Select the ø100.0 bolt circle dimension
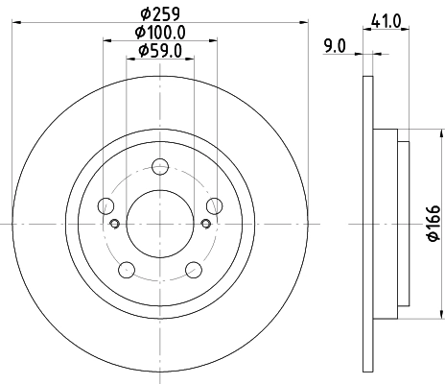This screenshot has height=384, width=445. point(160,33)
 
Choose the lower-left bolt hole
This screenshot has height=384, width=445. point(126,268)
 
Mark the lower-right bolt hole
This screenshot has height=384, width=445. point(194,268)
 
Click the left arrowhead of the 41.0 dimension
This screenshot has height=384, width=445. point(365,30)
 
